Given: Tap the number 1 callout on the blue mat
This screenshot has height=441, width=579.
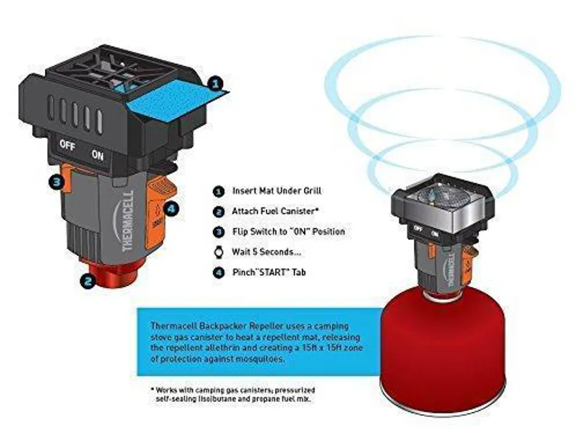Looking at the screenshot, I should [214, 85].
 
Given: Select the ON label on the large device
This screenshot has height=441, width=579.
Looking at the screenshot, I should [97, 154].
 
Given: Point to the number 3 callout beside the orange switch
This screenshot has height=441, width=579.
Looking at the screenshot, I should [56, 182].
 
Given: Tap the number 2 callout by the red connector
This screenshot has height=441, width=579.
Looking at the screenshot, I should [87, 281].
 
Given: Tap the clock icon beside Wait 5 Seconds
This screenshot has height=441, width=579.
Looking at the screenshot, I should [218, 253].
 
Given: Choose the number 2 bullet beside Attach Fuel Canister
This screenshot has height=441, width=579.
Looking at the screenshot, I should [218, 211].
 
